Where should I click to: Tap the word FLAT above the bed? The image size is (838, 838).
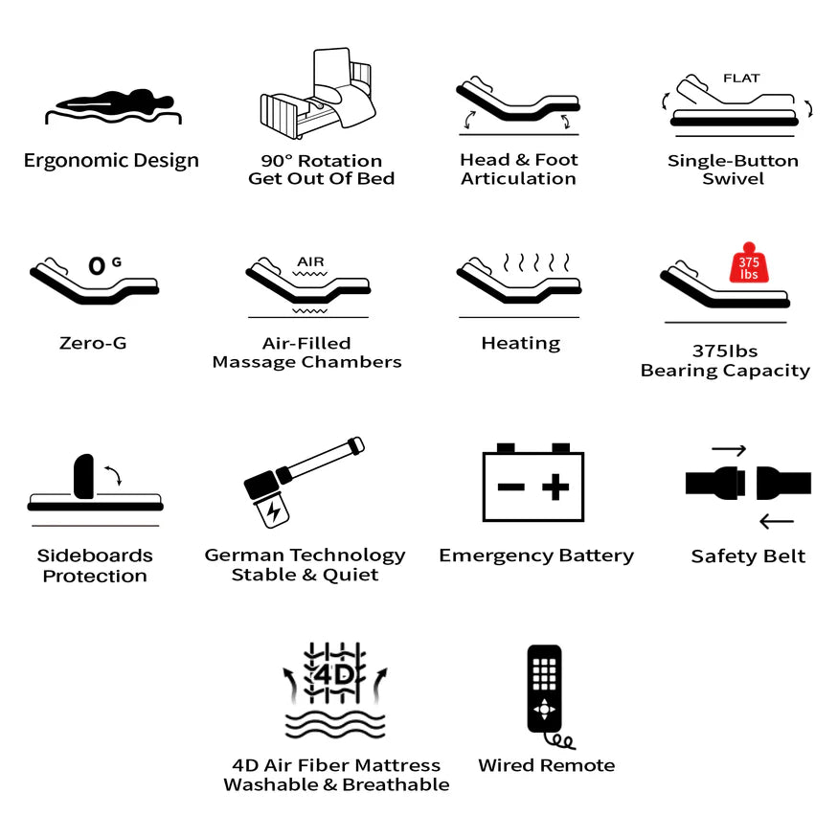pos(741,79)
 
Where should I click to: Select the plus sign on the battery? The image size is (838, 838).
pos(555,487)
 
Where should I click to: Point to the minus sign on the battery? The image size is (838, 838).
pos(510,487)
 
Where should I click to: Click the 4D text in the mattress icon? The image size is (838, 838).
pos(334,675)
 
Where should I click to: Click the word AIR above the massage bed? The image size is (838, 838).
pos(310,261)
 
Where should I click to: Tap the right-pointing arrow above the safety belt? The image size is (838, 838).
pos(729,450)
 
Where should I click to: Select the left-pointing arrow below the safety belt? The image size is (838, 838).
pos(776,521)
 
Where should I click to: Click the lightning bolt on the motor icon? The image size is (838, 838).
pos(273,511)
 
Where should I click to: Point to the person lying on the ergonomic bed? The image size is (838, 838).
pos(115,101)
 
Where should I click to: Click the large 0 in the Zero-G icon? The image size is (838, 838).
pos(97,265)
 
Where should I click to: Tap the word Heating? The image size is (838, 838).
pos(521,344)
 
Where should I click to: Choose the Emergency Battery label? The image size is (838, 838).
pos(536,555)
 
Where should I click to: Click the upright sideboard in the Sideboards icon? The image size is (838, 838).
pos(84,477)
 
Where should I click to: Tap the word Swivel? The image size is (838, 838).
pos(733,178)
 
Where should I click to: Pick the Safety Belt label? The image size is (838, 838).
pos(748,556)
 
